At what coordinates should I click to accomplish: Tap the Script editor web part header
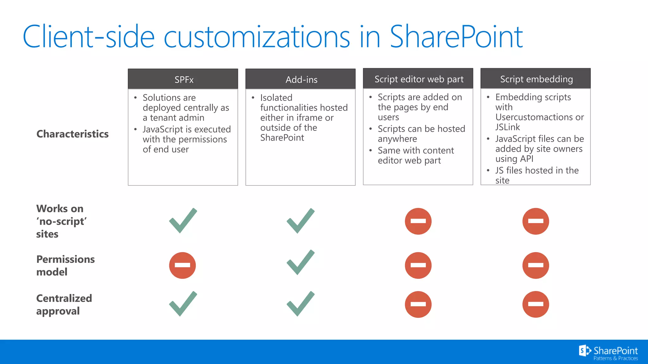tap(418, 79)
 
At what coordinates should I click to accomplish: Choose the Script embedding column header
tap(536, 79)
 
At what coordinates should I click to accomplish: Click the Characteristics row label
tap(72, 134)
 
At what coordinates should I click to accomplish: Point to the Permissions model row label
tap(65, 265)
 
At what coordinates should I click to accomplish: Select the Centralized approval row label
tap(64, 305)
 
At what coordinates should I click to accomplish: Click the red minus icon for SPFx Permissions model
tap(183, 265)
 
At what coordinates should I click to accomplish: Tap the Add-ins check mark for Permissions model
tap(301, 262)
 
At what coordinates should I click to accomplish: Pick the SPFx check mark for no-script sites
tap(183, 221)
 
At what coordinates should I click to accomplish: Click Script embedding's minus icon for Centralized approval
tap(536, 304)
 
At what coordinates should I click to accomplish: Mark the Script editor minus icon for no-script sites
tap(418, 221)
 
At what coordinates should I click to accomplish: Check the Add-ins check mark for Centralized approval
tap(301, 304)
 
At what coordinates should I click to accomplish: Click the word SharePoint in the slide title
tap(456, 37)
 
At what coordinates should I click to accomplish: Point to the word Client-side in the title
tap(89, 37)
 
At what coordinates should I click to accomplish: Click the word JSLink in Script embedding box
tap(508, 127)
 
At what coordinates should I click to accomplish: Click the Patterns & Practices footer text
tap(615, 358)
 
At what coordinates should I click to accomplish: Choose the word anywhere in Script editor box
tap(397, 139)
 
